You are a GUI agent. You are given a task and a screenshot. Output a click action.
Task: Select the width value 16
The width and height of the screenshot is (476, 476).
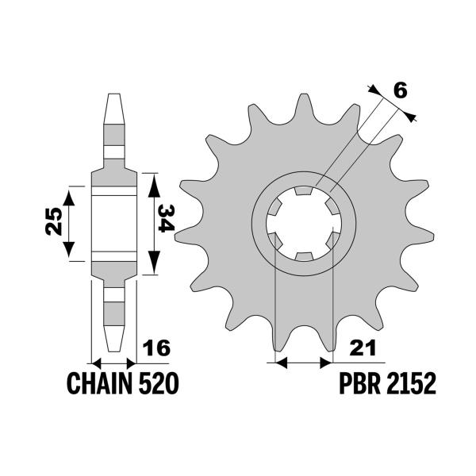(x=155, y=348)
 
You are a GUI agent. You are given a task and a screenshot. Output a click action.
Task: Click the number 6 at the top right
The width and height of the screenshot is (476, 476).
(x=401, y=90)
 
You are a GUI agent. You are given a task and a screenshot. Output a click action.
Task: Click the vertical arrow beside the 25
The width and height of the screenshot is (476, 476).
(x=72, y=223)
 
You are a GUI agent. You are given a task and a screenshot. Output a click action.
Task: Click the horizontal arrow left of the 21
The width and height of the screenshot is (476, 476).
(x=301, y=363)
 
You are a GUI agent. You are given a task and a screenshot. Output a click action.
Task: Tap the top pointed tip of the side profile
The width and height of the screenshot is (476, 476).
(x=113, y=97)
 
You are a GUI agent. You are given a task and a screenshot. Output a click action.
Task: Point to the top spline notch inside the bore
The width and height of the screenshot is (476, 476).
(x=301, y=191)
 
